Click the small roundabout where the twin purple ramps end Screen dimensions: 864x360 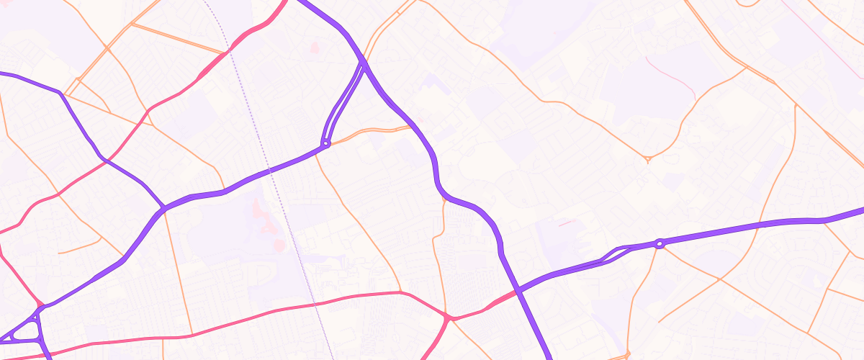point(326,143)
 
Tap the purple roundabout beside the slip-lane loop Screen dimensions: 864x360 point(659,244)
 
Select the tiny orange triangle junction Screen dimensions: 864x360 point(648,158)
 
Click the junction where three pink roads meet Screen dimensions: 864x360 point(448,318)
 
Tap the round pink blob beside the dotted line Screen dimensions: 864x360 point(279,246)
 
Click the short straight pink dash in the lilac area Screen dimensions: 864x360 point(567,223)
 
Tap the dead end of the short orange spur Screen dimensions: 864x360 point(59,253)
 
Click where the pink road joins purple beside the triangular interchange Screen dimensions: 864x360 point(40,306)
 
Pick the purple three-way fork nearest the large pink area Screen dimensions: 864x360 point(164,209)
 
